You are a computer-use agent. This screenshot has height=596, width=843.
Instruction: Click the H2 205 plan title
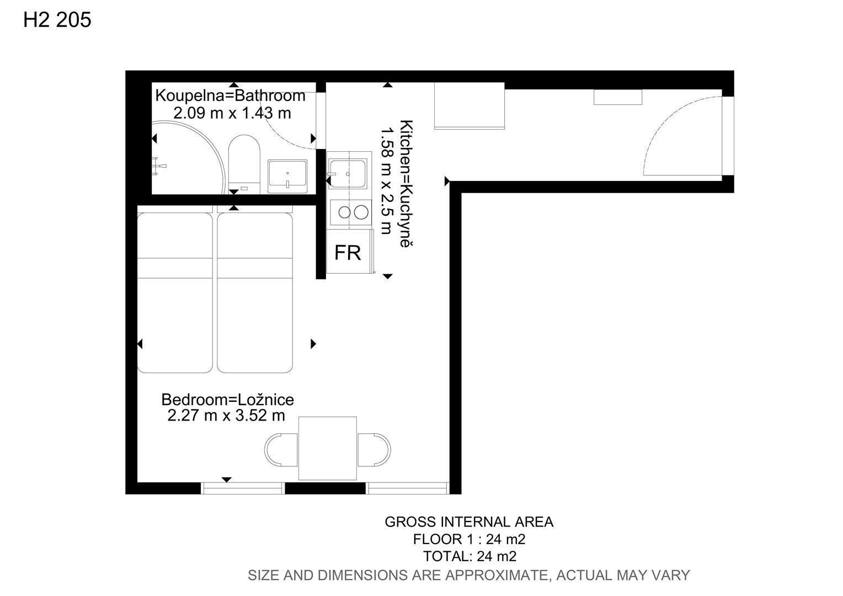[x=57, y=19]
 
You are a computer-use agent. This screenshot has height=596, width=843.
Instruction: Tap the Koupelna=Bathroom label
[x=230, y=95]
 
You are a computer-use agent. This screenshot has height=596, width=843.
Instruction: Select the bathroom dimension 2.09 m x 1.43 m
[x=232, y=113]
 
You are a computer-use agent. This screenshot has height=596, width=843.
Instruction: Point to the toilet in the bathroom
[x=244, y=164]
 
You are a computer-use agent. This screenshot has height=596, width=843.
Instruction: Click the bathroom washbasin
[x=287, y=176]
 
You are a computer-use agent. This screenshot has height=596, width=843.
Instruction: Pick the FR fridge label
[x=348, y=253]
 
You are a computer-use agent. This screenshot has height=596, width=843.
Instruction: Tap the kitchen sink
[x=348, y=174]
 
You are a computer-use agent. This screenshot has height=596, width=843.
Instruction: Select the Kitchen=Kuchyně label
[x=407, y=183]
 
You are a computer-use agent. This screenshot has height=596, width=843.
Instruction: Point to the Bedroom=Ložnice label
[x=228, y=400]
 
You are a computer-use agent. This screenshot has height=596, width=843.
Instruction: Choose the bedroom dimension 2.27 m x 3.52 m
[x=226, y=416]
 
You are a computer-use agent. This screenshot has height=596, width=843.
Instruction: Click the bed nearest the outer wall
[x=175, y=292]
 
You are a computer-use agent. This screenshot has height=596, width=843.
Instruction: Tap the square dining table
[x=327, y=448]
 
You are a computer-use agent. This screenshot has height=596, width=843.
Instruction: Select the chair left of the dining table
[x=281, y=450]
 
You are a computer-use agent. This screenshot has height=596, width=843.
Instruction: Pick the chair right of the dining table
[x=374, y=450]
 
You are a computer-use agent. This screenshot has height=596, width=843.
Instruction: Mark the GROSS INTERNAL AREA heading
[x=469, y=522]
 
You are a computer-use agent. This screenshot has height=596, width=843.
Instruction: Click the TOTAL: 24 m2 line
[x=469, y=556]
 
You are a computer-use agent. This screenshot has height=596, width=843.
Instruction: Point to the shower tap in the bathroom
[x=159, y=166]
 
